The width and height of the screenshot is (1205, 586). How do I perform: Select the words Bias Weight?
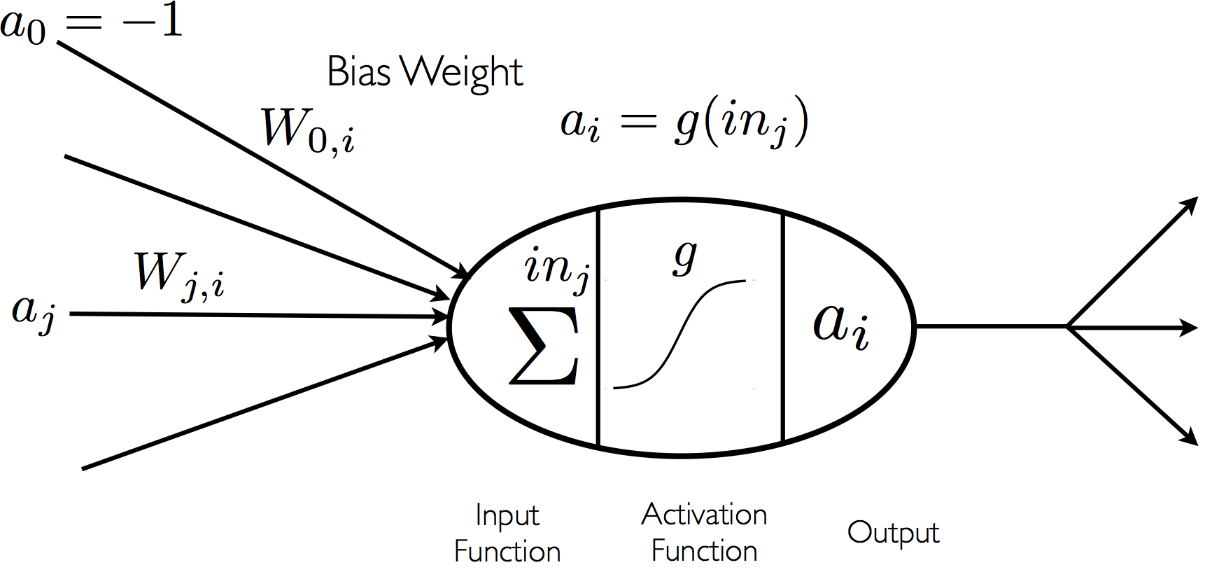[x=425, y=72]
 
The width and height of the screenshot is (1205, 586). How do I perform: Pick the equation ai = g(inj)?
[x=684, y=123]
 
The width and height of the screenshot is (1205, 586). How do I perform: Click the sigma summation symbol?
[x=544, y=346]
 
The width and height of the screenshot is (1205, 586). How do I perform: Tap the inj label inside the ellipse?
[x=556, y=269]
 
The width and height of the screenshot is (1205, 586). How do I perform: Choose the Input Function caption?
[x=507, y=533]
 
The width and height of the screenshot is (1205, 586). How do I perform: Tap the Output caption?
[x=892, y=533]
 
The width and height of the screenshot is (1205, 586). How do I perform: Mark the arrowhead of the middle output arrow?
[x=1190, y=327]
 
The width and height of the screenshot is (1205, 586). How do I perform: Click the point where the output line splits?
[x=1067, y=326]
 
